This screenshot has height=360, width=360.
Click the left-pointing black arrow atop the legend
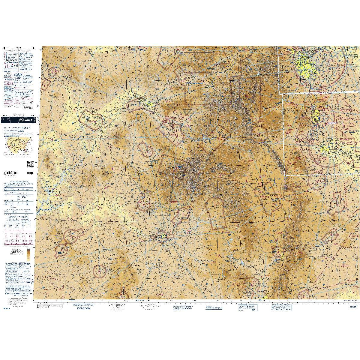(4, 48)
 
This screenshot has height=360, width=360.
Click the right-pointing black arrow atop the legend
(33, 48)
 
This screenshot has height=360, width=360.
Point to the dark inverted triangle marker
(187, 112)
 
